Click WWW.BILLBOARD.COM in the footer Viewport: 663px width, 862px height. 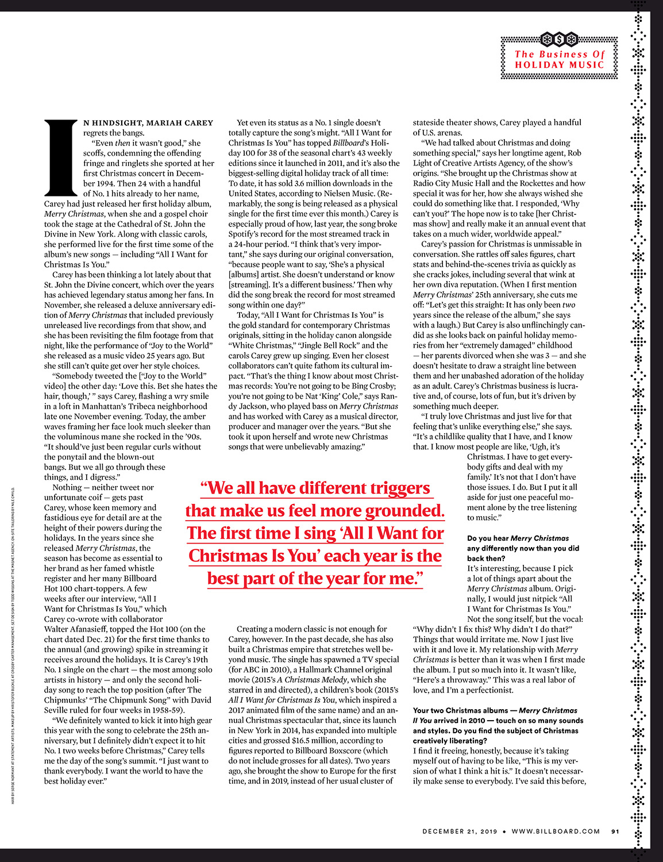[x=556, y=831]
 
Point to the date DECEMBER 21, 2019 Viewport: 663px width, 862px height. [x=460, y=831]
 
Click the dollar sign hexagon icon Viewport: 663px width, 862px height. [x=560, y=40]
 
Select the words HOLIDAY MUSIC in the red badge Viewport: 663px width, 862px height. [x=560, y=65]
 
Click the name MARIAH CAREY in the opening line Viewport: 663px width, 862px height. [x=179, y=123]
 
